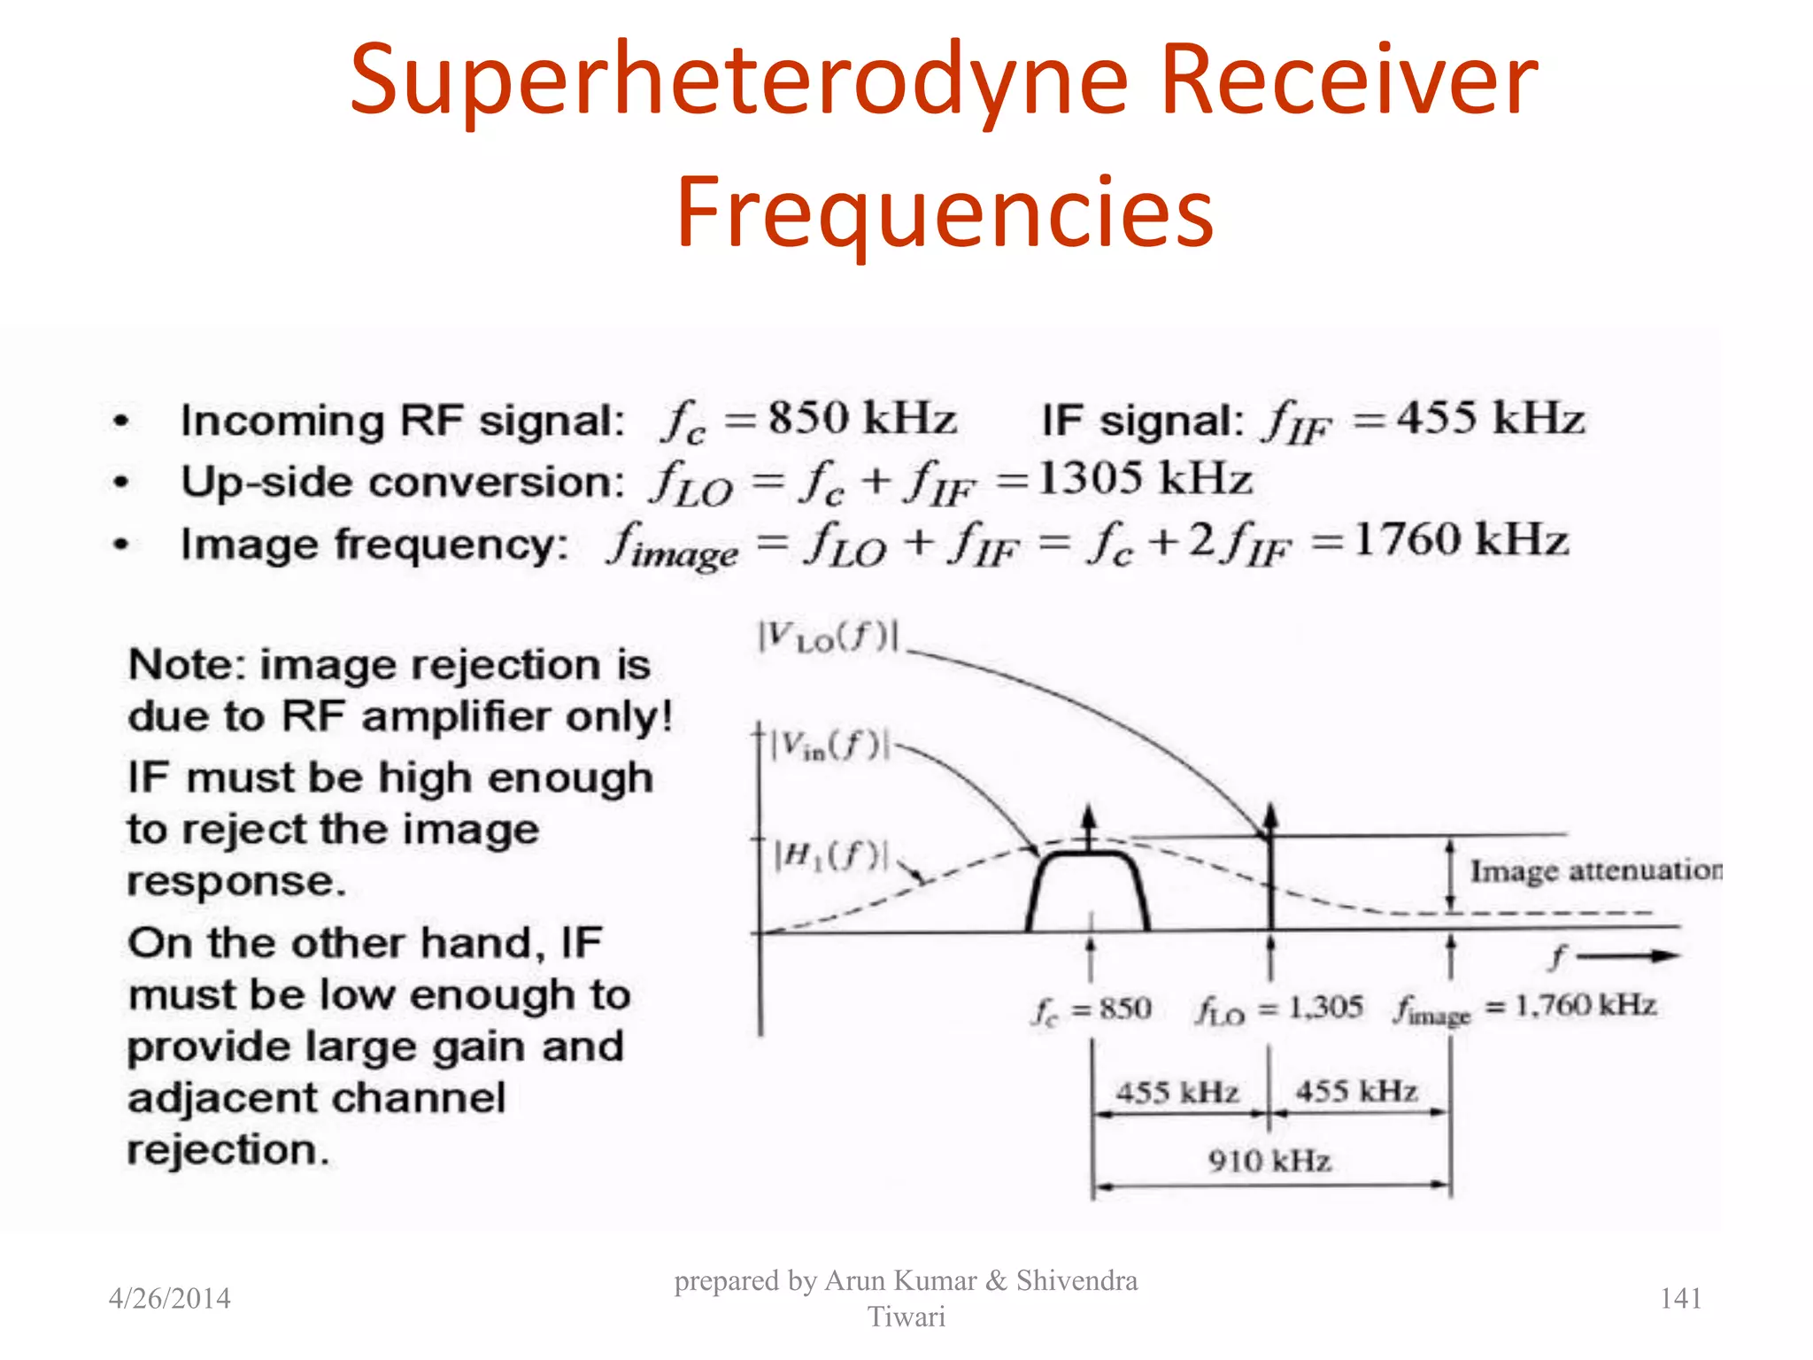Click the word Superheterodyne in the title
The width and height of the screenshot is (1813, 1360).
point(739,81)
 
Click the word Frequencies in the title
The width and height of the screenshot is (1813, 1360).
point(945,212)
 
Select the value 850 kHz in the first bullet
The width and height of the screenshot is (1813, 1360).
point(861,418)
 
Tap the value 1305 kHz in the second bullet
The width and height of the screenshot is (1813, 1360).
point(1144,479)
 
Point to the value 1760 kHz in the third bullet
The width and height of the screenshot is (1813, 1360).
point(1461,539)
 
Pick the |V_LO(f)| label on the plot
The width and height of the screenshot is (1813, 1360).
point(828,637)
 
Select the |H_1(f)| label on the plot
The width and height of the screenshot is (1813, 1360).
point(829,855)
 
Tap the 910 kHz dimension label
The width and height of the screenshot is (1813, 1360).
point(1269,1160)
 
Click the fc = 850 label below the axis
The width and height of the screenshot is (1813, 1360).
point(1092,1009)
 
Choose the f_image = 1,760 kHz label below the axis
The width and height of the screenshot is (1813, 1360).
point(1524,1008)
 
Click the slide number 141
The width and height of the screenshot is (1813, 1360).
point(1680,1298)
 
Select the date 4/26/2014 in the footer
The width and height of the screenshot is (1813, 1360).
point(169,1298)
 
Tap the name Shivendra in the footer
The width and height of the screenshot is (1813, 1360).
point(1076,1280)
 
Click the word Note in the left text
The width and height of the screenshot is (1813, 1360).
point(181,665)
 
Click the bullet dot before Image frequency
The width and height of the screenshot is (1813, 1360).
point(121,544)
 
